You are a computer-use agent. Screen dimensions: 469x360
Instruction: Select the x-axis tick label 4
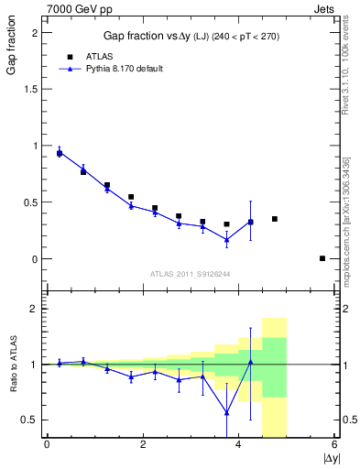[x=238, y=445]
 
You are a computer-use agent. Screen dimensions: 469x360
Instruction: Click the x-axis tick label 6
[x=334, y=445]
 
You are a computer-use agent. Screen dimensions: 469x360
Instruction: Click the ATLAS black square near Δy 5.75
[x=322, y=258]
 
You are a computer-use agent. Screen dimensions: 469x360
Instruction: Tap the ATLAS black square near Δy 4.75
[x=275, y=219]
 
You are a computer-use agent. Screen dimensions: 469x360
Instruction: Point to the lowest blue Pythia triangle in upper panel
[x=226, y=240]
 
